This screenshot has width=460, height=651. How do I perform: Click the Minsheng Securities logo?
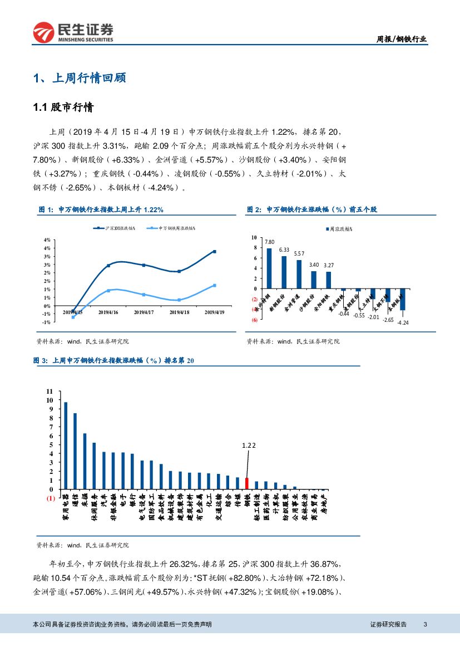(x=73, y=33)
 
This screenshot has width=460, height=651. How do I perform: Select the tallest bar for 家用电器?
(x=66, y=446)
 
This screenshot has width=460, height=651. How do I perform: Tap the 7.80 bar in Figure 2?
(x=269, y=268)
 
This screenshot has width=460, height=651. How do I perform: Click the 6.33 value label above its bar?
(x=284, y=250)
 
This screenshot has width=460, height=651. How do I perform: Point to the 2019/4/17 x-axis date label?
(x=144, y=312)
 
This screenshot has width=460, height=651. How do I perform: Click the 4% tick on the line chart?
(x=47, y=240)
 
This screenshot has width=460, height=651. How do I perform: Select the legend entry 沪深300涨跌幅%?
(x=116, y=228)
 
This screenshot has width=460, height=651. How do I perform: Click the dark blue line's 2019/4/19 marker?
(x=214, y=252)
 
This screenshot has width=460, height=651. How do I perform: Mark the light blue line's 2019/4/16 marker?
(x=108, y=291)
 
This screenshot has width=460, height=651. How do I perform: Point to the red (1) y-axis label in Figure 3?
(x=50, y=498)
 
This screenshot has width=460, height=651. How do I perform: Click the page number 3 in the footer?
(x=425, y=625)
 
